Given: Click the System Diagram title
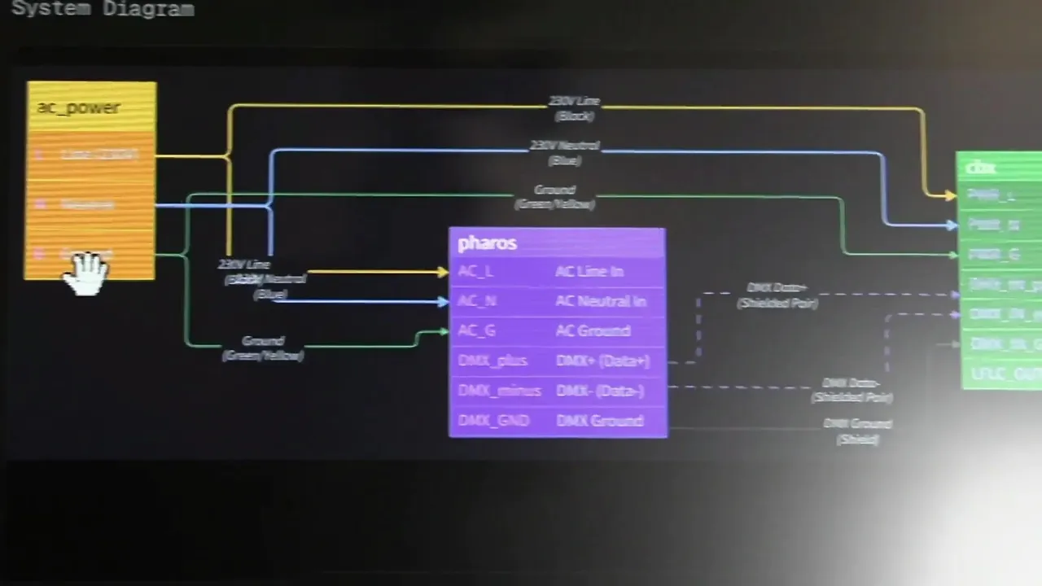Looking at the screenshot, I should coord(103,9).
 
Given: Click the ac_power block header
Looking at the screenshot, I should coord(78,107).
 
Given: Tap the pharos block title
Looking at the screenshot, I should coord(487,243).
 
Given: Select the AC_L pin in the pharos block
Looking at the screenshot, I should coord(475,271).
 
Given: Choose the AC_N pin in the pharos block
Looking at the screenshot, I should coord(477,301).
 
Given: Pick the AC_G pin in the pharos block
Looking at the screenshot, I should coord(477,330).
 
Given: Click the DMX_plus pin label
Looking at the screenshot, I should coord(493,361).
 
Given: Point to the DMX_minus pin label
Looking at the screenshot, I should coord(499,391).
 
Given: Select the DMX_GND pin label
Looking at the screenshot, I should coord(493,421).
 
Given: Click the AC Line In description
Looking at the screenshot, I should coord(589,271).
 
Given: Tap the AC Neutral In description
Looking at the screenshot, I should coord(601,301).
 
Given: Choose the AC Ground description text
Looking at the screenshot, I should coord(593,330).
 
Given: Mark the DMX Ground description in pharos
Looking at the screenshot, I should coord(599,421).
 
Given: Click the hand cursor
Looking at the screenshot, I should coord(85,273).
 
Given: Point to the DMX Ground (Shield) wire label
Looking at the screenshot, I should coord(857,431).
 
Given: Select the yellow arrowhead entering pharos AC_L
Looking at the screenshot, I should coord(443,272).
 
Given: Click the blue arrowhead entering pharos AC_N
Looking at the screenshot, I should coord(443,302).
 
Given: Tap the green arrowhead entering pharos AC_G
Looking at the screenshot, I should coord(443,331).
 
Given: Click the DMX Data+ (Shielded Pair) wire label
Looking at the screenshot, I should coord(777,295).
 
